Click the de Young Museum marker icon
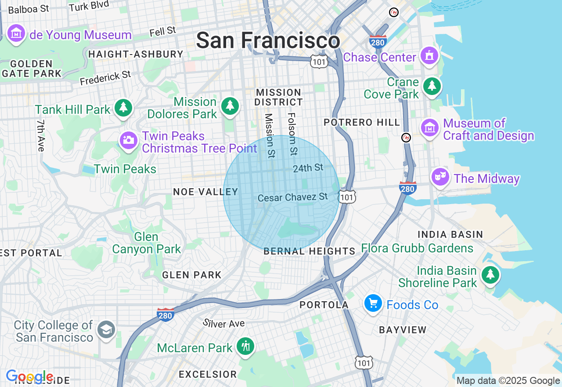coord(16,33)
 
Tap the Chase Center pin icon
coord(429,56)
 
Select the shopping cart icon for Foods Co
coord(373,303)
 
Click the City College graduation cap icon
coord(106,329)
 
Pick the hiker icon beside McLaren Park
coord(245,347)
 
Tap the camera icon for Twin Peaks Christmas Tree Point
coord(129,141)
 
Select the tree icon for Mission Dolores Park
coord(230,106)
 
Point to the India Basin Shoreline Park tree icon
coord(490,275)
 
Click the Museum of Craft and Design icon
coord(430,128)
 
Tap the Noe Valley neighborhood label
coord(205,192)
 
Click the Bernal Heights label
coord(310,251)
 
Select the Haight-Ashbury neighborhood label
coord(136,54)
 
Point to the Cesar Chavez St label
coord(292,197)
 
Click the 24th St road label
coord(308,168)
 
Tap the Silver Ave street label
coord(223,323)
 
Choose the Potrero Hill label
coord(362,122)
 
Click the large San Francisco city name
coord(268,40)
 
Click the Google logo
coord(29,376)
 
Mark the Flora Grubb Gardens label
coord(417,248)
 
